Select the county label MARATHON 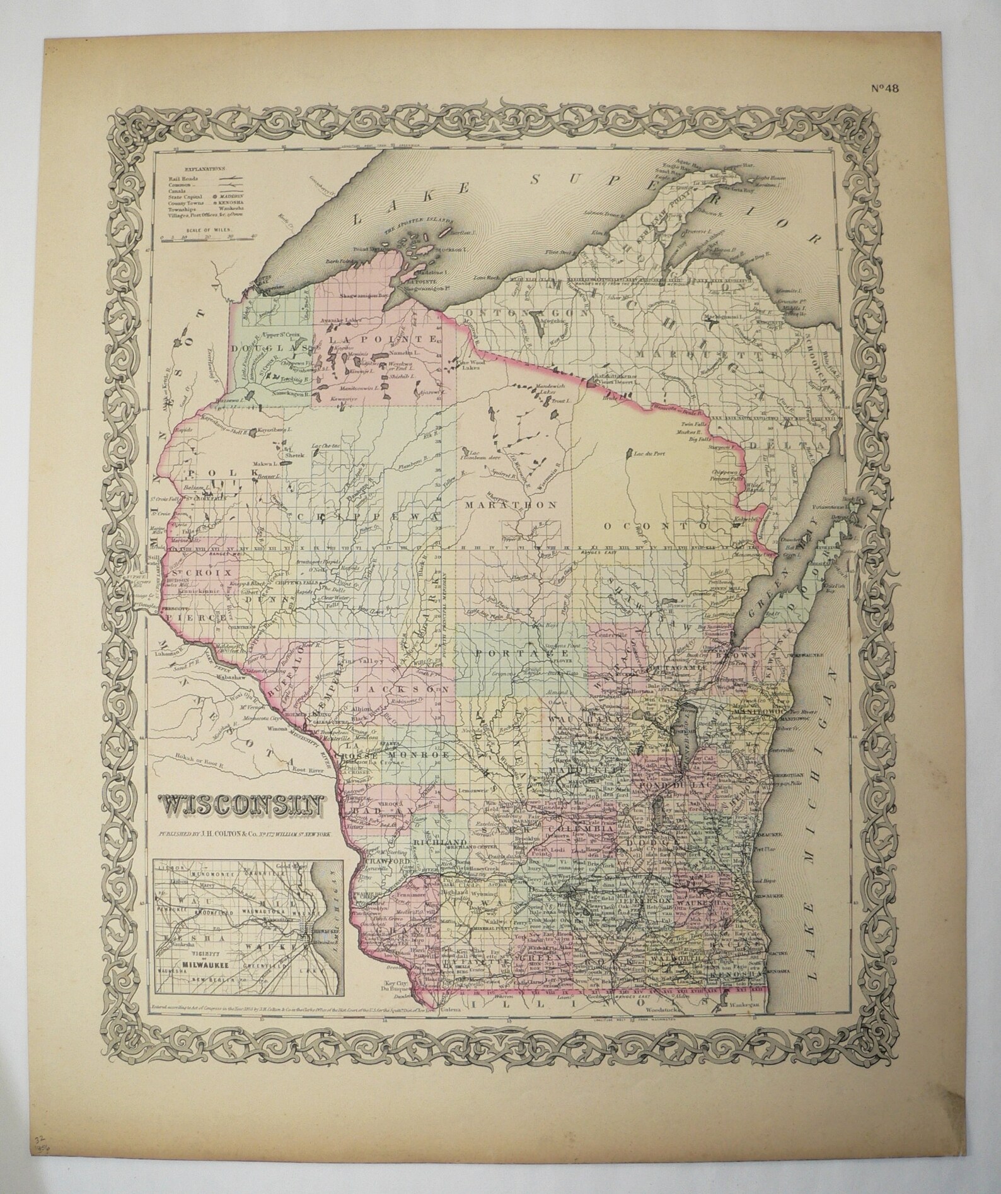[x=511, y=505]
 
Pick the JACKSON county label [x=402, y=689]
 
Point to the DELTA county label [x=802, y=446]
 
